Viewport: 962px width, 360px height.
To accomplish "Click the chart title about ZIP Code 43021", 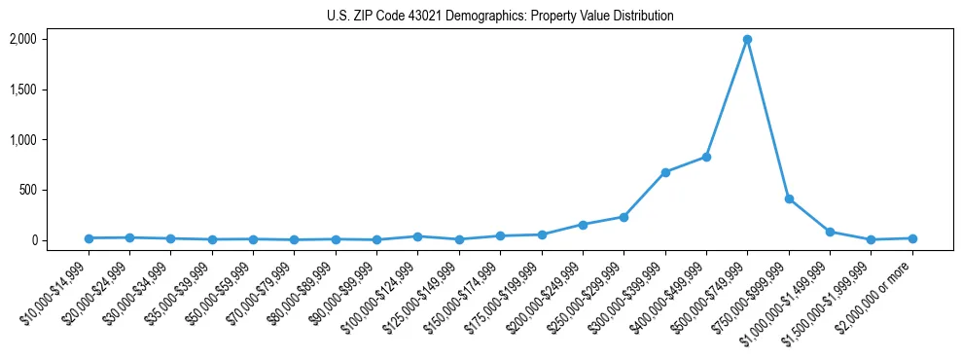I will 500,17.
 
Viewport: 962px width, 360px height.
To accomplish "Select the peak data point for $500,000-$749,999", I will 747,40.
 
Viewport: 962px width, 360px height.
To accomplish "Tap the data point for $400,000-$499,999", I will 706,157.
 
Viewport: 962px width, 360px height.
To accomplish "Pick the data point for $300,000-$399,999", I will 665,172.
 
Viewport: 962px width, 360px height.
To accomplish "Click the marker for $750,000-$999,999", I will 789,198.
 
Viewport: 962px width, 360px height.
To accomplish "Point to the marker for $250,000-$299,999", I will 624,217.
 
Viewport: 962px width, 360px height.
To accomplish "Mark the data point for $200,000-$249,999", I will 583,225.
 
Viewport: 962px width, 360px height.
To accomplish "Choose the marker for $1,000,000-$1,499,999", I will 830,232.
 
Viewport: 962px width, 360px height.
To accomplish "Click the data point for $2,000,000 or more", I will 912,238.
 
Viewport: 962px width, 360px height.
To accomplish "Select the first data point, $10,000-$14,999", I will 89,238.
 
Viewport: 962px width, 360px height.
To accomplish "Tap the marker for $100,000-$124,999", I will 417,236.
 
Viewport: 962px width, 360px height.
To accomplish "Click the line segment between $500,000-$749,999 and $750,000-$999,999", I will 768,120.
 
